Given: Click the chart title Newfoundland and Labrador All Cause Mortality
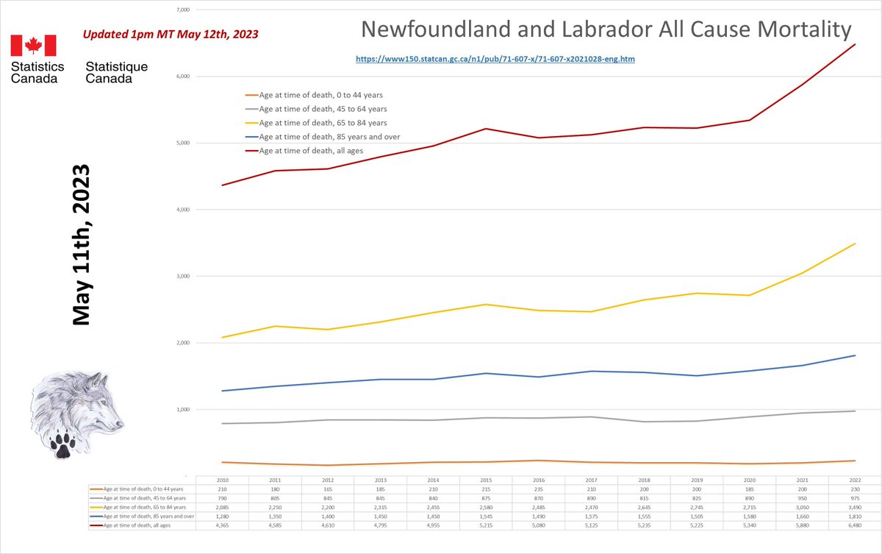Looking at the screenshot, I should [606, 30].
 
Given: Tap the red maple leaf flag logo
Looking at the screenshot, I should [33, 46].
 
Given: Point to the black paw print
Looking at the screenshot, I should [62, 444].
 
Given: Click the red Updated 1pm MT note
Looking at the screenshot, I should [170, 34].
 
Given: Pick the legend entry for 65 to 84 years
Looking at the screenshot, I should [323, 123].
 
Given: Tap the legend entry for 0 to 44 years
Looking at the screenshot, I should [320, 95].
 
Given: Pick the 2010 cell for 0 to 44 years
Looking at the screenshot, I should [222, 489].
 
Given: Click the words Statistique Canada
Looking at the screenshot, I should [116, 72].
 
